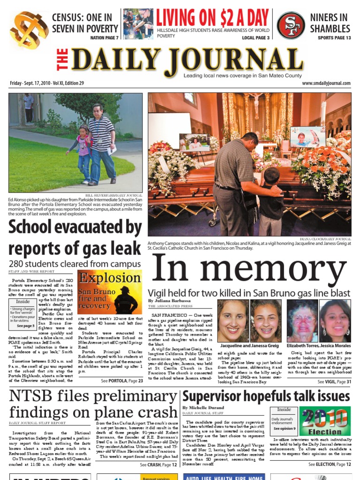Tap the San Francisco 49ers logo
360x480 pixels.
[291, 25]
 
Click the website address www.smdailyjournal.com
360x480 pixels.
[326, 83]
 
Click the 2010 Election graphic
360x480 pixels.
[325, 421]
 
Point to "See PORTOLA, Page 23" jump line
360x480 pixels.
[122, 381]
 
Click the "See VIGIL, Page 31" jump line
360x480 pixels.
[334, 382]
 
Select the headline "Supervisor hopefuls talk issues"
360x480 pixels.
[266, 397]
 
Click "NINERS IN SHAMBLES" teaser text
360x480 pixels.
[330, 23]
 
